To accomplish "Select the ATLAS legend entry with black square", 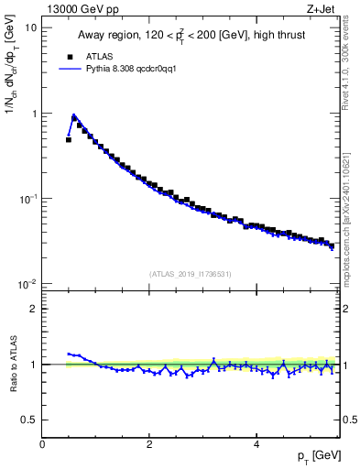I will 95,55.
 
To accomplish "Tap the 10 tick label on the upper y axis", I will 32,27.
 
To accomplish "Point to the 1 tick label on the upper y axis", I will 35,114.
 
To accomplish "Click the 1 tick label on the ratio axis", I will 35,365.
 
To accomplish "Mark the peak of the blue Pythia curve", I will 74,115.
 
